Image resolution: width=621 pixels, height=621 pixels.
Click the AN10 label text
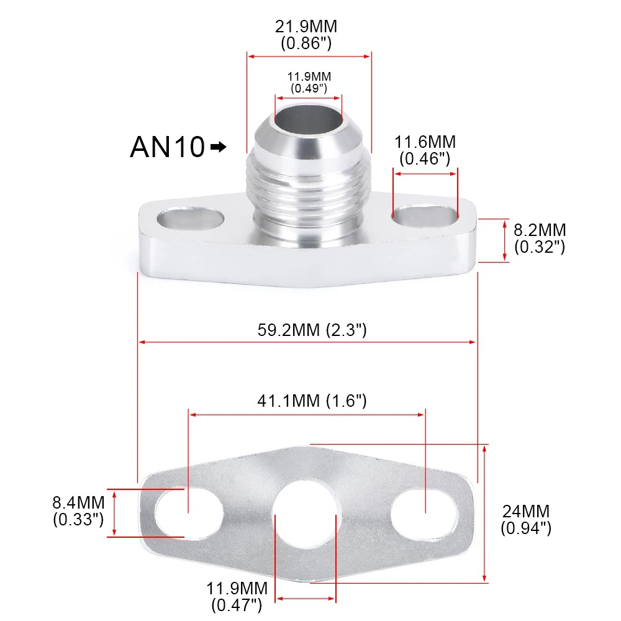(167, 147)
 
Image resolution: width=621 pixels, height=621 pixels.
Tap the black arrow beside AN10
(219, 147)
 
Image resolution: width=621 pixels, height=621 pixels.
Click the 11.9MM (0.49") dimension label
(309, 82)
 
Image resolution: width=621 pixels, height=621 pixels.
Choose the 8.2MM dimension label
(540, 238)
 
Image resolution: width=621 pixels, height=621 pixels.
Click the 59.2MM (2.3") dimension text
(312, 329)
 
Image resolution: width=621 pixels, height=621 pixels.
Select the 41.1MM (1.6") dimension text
(312, 401)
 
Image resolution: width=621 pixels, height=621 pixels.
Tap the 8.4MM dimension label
(78, 511)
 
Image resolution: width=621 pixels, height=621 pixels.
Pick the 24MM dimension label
(525, 520)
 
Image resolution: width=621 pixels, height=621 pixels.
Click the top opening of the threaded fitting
(309, 118)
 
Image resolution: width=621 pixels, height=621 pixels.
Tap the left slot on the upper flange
(191, 220)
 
